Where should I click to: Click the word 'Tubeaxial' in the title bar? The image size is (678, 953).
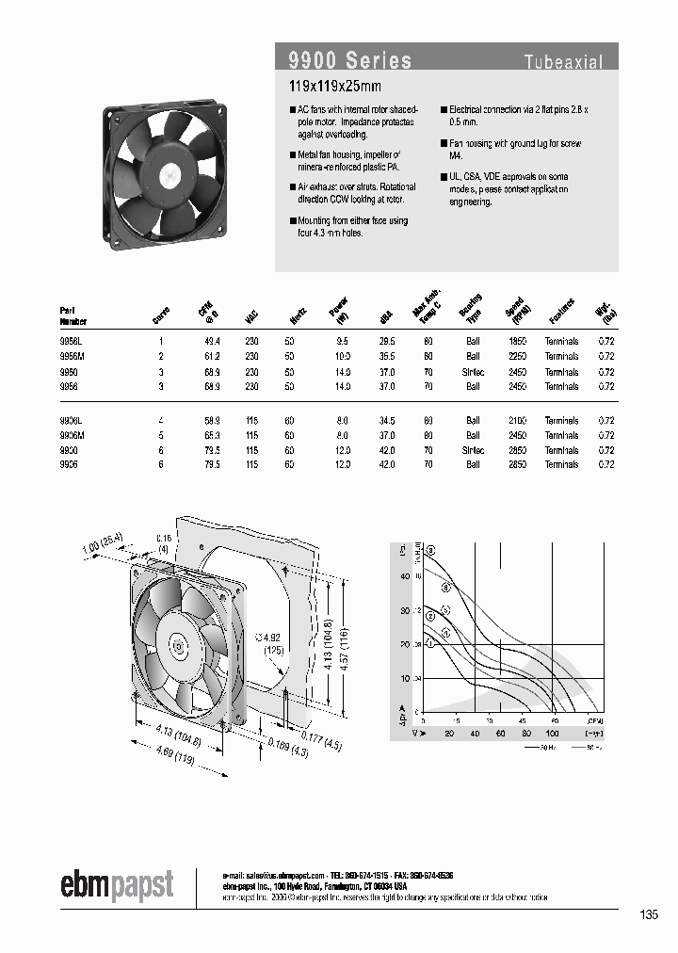click(563, 63)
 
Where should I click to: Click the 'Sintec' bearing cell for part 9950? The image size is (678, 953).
click(472, 371)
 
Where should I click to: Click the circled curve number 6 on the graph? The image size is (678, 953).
click(431, 549)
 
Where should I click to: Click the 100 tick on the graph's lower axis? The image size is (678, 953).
click(552, 731)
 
